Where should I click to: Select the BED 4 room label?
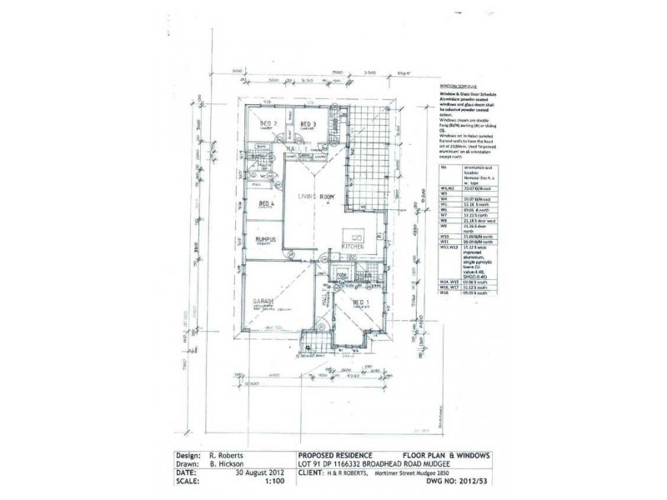[267, 202]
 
